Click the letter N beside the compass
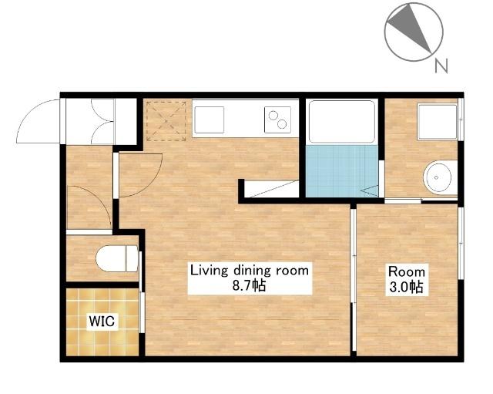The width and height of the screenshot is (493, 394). tap(441, 66)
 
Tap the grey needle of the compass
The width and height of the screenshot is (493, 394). tap(411, 27)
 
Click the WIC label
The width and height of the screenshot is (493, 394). tap(102, 321)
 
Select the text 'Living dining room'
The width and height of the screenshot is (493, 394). tap(250, 271)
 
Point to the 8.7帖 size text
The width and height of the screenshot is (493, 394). tap(249, 285)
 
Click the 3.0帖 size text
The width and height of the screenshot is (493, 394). tap(407, 287)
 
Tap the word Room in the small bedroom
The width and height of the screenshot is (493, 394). tap(407, 271)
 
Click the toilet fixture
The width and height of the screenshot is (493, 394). tap(117, 258)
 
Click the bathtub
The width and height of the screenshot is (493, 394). tap(342, 122)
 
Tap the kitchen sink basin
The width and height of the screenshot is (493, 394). tap(210, 120)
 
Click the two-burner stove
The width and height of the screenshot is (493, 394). tap(277, 120)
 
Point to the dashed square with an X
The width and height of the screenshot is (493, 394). tap(166, 121)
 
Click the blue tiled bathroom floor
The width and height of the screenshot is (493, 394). tap(342, 171)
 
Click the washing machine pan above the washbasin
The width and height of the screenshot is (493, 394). tap(437, 122)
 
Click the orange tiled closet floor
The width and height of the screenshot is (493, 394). tap(102, 322)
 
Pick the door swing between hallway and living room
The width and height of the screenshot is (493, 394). tap(140, 175)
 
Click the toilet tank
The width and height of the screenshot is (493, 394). tap(132, 258)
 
